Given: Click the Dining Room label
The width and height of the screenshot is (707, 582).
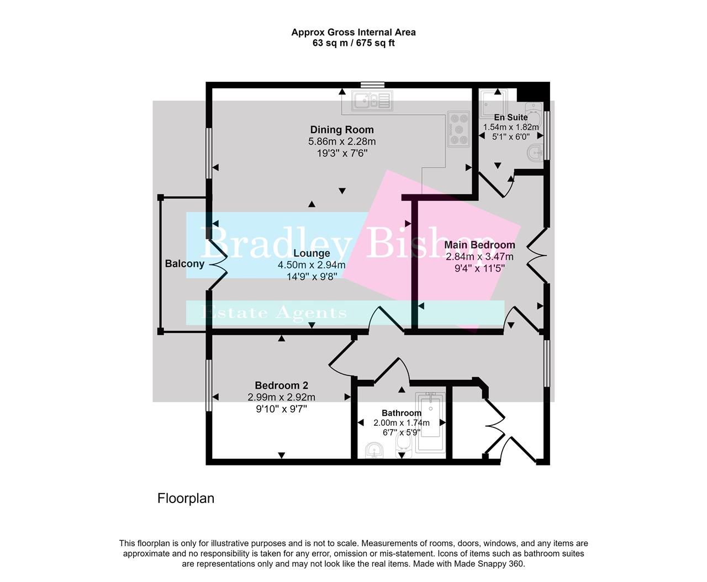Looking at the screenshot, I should coord(342,130).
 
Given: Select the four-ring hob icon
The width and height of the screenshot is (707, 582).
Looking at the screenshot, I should coord(458,129).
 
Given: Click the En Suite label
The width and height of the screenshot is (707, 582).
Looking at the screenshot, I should coord(510,117).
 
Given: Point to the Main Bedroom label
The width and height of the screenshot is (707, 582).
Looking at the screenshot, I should coord(479,245).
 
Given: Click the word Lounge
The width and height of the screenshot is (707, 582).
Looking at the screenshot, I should coord(312,253).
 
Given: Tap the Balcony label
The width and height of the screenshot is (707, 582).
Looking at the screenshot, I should coord(184,263).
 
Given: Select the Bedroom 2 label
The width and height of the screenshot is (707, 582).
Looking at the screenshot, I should coord(281,385).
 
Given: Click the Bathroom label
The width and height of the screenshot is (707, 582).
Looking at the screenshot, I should coord(402,413).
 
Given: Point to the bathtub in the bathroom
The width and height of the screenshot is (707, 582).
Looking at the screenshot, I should coord(430,422).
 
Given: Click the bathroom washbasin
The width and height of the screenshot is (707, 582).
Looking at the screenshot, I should coord(375,451).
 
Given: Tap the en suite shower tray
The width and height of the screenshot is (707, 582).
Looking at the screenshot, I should coord(492,102).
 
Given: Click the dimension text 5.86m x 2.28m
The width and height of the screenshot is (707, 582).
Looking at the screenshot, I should coord(342,141).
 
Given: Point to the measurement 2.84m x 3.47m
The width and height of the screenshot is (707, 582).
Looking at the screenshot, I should coord(479,257).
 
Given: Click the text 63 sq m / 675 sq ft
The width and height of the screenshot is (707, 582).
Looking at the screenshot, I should coord(353,43).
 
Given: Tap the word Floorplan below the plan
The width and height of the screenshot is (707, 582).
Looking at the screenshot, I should coord(186,498).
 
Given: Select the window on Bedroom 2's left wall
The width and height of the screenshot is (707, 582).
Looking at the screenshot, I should coord(209,386).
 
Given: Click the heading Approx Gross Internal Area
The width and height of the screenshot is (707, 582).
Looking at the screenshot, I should coord(353,32).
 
